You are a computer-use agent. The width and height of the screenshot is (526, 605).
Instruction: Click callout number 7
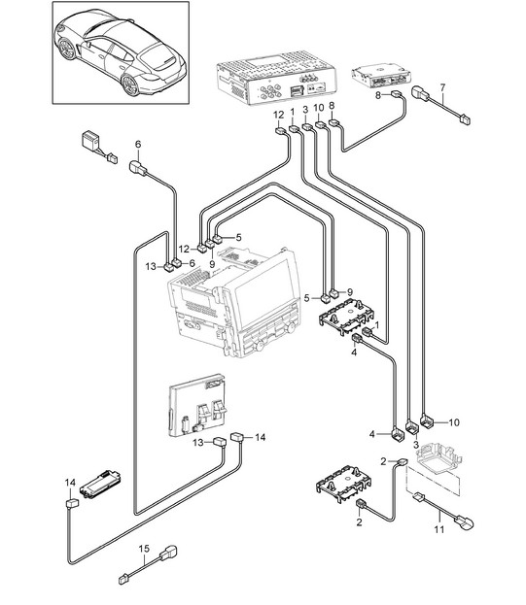point(442,88)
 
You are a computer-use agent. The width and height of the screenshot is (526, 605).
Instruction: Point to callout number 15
point(144,549)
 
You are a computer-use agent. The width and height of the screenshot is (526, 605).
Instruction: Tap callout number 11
point(439,529)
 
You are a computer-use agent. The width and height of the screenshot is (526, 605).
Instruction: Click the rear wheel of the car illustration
point(130,85)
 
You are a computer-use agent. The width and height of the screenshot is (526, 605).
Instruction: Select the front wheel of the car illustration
point(68,49)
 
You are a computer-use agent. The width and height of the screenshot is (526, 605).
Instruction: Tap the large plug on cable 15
point(169,553)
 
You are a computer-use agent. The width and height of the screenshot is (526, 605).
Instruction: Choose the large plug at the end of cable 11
point(465,523)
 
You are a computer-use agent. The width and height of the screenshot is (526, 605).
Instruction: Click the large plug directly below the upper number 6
point(138,168)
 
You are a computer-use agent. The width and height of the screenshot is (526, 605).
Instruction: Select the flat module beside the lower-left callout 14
point(101,484)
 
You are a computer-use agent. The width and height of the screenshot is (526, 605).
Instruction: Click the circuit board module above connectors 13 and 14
point(197,405)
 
